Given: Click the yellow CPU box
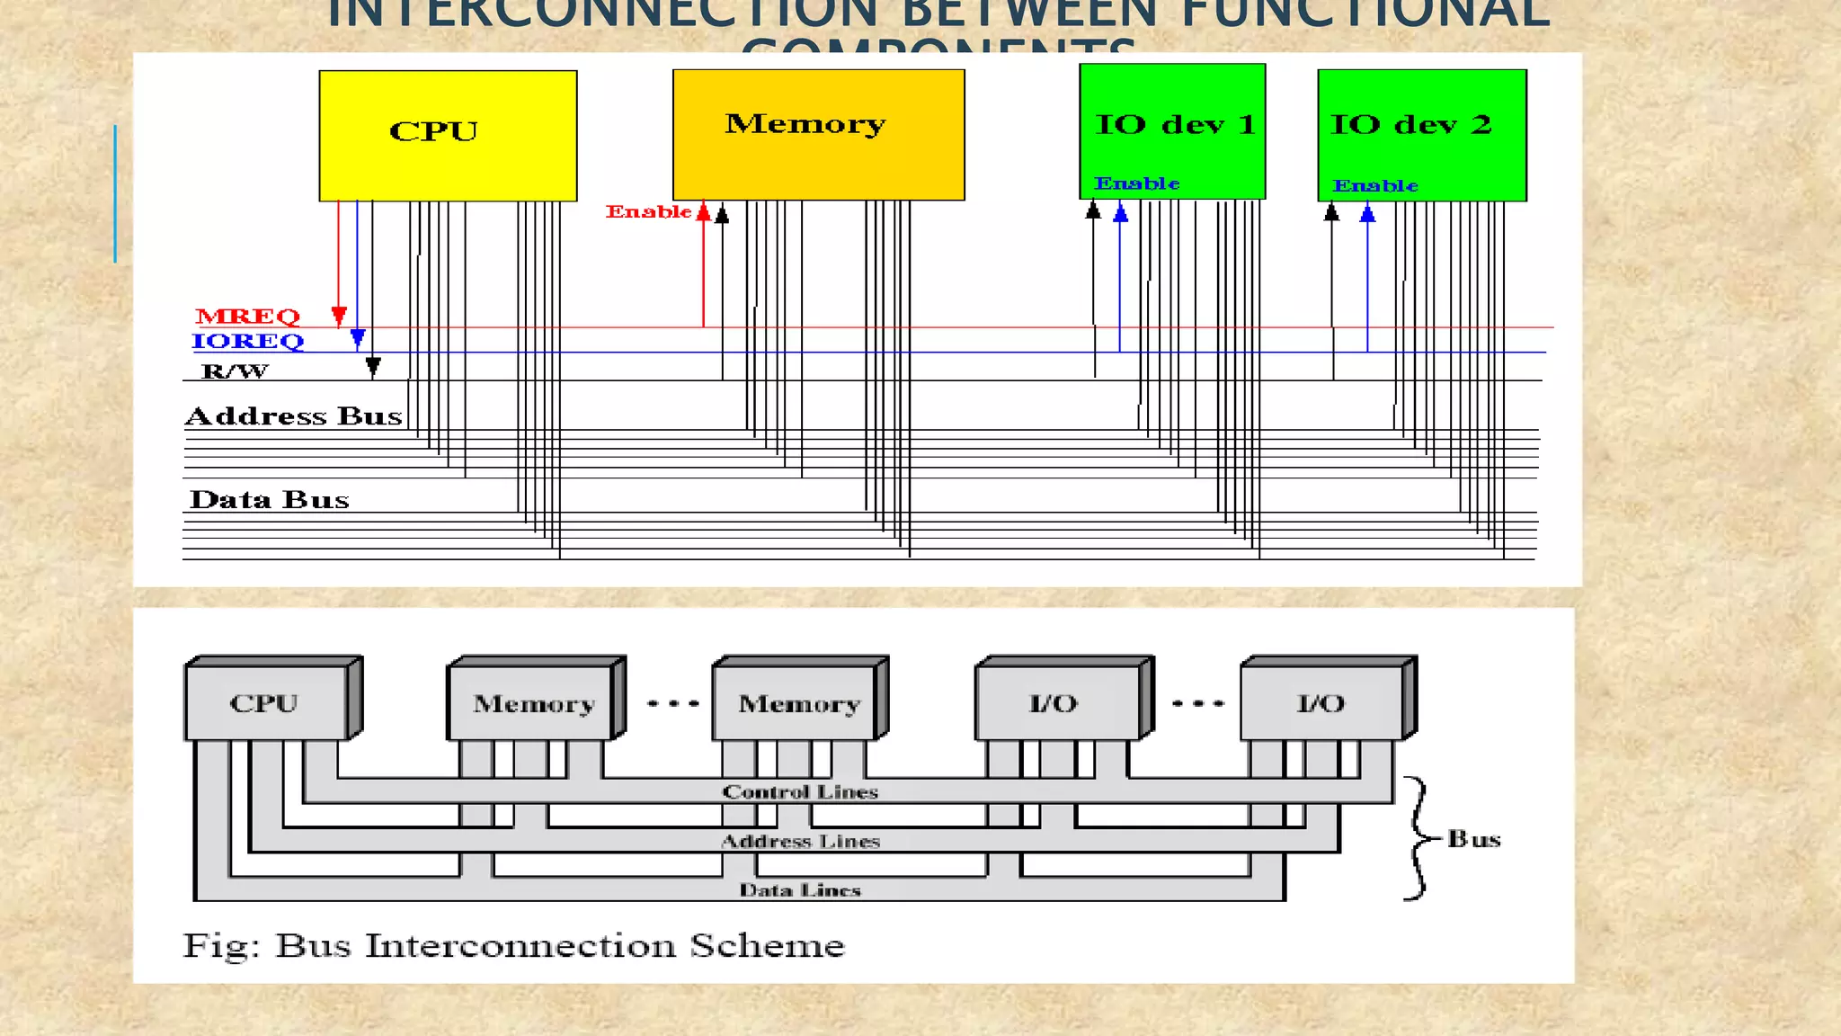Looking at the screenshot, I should pos(448,135).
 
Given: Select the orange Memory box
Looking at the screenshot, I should pos(818,135).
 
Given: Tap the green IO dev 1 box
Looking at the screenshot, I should pos(1172,130).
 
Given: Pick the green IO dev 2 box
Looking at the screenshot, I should pos(1421,135).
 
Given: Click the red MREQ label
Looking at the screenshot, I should pos(247,317).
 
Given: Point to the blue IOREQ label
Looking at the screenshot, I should pos(247,342).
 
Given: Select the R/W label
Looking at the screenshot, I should pos(235,371).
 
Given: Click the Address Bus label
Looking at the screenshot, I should pos(293,416).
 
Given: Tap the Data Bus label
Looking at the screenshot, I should pos(269,500).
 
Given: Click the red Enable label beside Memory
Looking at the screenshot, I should pos(648,212).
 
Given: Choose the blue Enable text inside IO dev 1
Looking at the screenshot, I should pos(1136,183).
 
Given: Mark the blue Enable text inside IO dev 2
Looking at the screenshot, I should pos(1375,186).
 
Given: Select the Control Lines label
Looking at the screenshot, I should pos(800,792).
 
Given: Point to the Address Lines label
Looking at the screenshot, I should pos(800,842).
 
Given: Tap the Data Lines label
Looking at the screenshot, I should pos(800,890).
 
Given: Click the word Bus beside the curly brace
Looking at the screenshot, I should pos(1473,839).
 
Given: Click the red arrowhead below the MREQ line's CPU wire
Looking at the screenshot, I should pos(339,316).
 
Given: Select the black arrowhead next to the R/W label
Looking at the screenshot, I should pos(373,366).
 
